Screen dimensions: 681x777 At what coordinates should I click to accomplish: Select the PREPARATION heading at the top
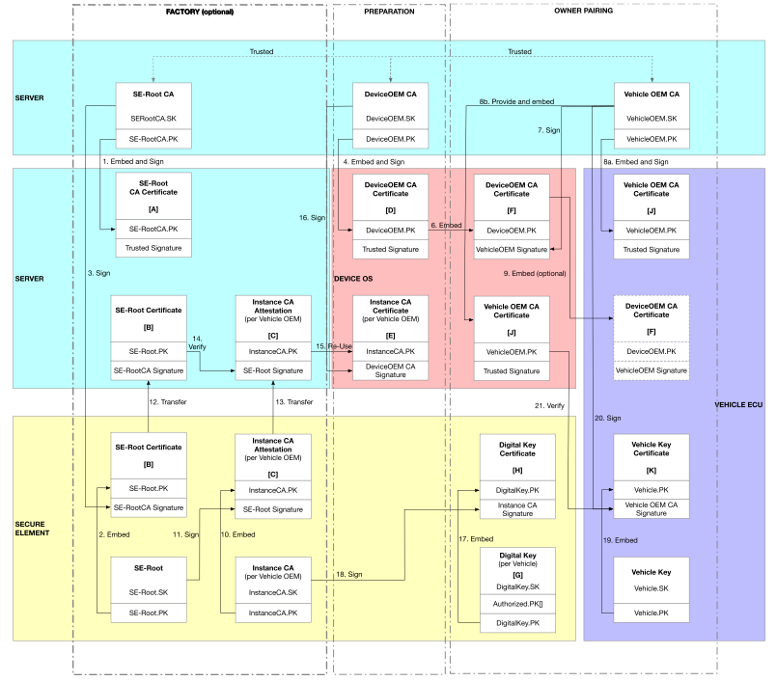coord(390,13)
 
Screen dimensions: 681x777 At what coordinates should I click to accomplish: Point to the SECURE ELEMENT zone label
coord(36,527)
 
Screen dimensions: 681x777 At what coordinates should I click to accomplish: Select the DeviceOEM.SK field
coord(390,118)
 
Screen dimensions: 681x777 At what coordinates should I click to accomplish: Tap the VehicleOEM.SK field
coord(653,118)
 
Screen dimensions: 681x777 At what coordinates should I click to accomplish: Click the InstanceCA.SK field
coord(273,592)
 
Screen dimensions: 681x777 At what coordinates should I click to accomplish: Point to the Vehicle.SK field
coord(653,587)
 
